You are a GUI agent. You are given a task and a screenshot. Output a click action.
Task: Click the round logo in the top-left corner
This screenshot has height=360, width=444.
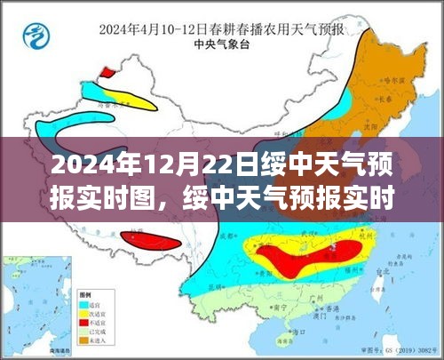36,38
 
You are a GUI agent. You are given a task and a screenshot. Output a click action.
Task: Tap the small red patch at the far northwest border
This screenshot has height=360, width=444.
107,71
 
